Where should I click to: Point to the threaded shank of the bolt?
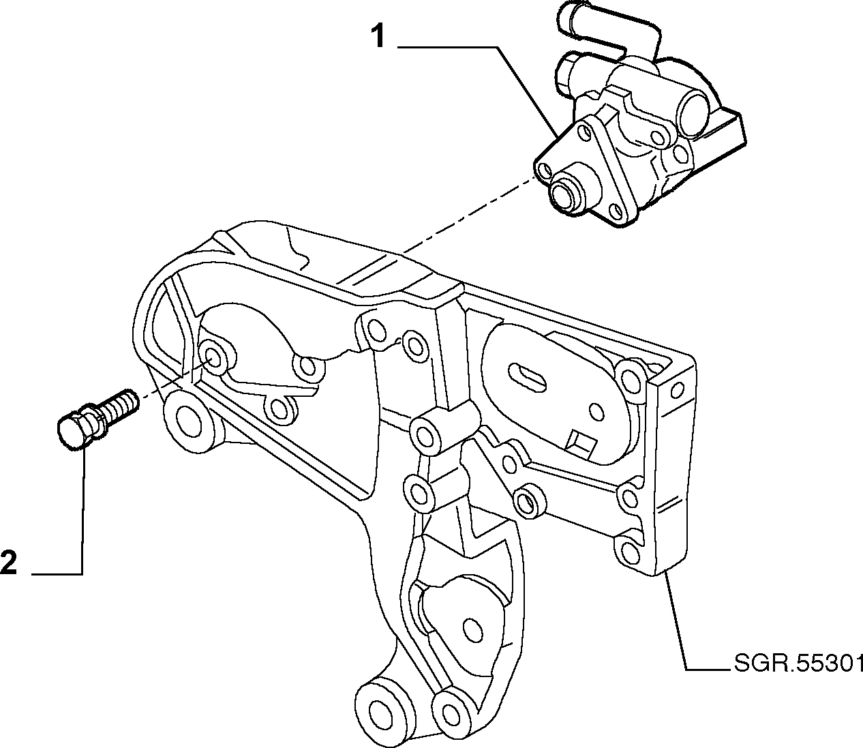117,407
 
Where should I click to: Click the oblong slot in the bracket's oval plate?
528,376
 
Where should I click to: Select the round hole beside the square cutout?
596,413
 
